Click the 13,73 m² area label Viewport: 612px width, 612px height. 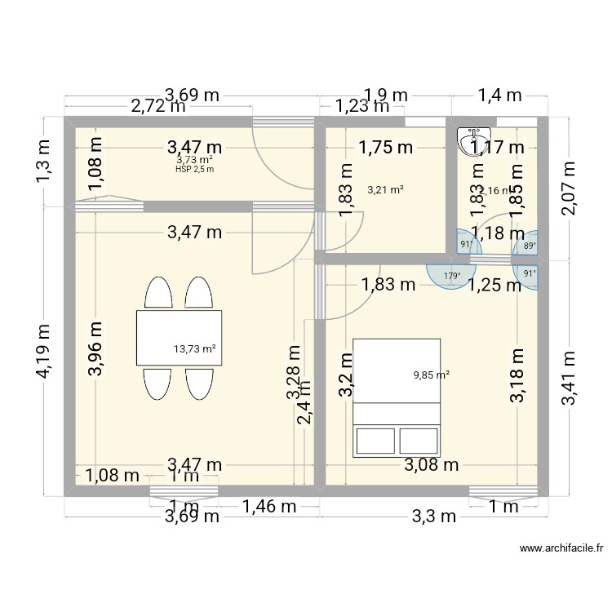point(194,348)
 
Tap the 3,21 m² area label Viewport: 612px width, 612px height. point(386,190)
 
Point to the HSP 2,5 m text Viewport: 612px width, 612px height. point(194,169)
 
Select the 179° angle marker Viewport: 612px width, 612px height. point(450,276)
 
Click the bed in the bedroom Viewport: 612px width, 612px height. point(396,397)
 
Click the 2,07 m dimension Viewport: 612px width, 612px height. point(569,188)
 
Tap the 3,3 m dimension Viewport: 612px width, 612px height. point(432,515)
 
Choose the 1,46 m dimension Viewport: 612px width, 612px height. point(269,507)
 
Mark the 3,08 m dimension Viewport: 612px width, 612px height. point(431,465)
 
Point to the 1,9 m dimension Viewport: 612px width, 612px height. point(385,95)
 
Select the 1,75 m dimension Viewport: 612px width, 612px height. point(385,147)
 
